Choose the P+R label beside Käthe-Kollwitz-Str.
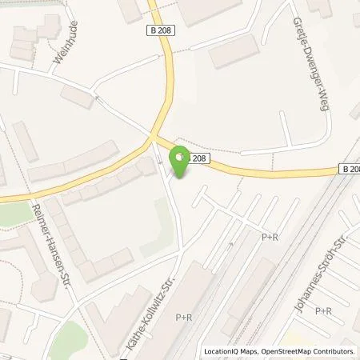tap(185, 318)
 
